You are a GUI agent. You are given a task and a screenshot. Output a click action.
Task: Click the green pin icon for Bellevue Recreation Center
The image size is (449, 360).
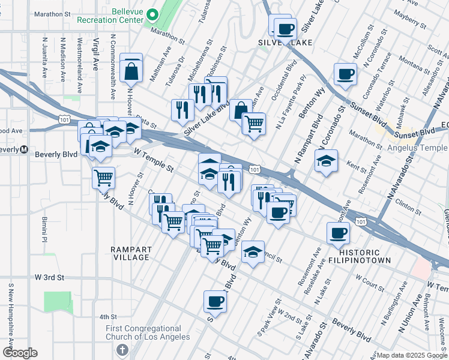[x=153, y=14]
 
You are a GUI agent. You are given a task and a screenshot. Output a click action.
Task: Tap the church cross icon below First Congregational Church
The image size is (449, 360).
[x=122, y=350]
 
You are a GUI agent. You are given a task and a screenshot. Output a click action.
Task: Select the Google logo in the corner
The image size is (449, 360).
[x=20, y=353]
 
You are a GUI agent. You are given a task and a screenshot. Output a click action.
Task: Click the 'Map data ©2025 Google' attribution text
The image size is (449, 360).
[x=412, y=355]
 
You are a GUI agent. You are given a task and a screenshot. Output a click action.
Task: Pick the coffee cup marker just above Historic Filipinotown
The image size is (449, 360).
[x=338, y=233]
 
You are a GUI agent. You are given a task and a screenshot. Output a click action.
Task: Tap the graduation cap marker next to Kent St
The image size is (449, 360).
[x=326, y=161]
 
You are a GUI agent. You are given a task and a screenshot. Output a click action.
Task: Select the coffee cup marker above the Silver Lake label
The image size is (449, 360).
[x=285, y=28]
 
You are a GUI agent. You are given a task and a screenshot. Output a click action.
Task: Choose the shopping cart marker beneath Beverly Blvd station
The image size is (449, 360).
[x=103, y=177]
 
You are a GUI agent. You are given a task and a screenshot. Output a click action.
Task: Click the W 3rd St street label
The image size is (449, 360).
[x=49, y=278]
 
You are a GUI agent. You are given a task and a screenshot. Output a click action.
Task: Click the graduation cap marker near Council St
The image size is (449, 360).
[x=253, y=252]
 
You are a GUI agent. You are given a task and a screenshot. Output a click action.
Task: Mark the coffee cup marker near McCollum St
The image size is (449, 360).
[x=345, y=74]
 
